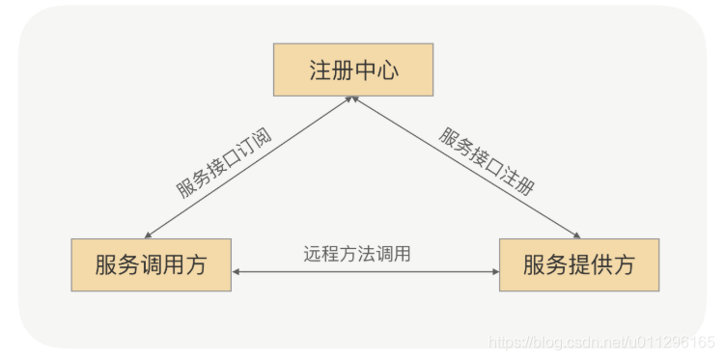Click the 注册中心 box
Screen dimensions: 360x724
353,69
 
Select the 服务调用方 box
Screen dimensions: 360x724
151,264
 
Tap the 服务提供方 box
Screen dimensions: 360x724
579,264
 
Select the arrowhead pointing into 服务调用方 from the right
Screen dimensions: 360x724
237,272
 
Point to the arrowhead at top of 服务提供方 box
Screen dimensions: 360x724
577,235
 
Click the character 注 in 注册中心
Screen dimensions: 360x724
320,70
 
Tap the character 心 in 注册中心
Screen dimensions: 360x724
388,70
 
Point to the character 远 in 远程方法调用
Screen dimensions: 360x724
311,254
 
